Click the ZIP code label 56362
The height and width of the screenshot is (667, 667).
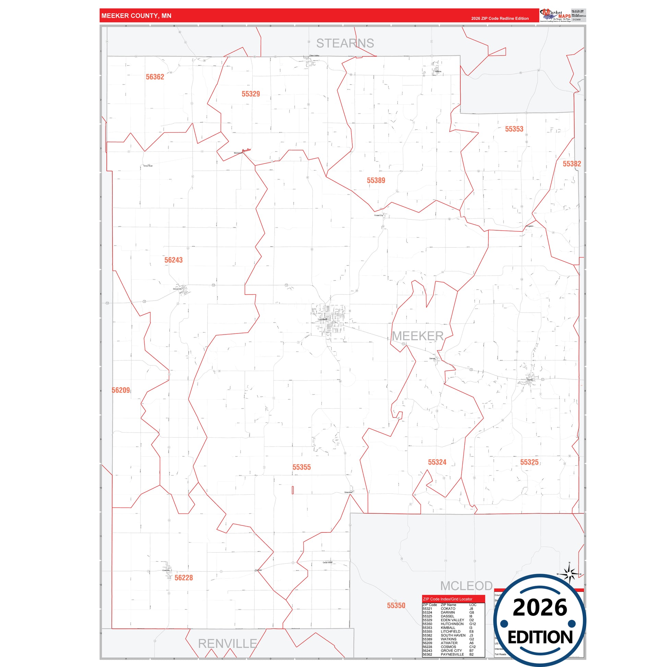pyautogui.click(x=155, y=77)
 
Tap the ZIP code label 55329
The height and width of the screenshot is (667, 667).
pyautogui.click(x=251, y=94)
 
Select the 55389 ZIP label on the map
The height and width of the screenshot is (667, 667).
pyautogui.click(x=376, y=181)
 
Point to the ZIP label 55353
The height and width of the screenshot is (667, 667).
pyautogui.click(x=514, y=129)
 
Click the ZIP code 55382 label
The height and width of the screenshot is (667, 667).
pyautogui.click(x=572, y=164)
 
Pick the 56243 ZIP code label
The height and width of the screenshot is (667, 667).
pyautogui.click(x=173, y=260)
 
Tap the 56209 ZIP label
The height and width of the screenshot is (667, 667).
pyautogui.click(x=121, y=390)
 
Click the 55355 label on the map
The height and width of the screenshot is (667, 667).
pyautogui.click(x=301, y=468)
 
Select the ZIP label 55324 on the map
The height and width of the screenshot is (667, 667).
pyautogui.click(x=437, y=462)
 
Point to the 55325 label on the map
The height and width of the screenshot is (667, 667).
pyautogui.click(x=529, y=462)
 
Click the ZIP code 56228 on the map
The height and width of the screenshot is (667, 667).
pyautogui.click(x=184, y=578)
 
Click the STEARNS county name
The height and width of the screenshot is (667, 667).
pyautogui.click(x=345, y=44)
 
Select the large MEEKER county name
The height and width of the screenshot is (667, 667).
pyautogui.click(x=417, y=336)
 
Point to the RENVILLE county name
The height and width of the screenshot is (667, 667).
pyautogui.click(x=227, y=644)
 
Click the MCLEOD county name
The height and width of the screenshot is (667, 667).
pyautogui.click(x=466, y=586)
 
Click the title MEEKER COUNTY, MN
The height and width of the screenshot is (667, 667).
pyautogui.click(x=136, y=16)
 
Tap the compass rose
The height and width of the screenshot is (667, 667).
pyautogui.click(x=569, y=575)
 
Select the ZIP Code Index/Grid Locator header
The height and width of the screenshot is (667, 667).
pyautogui.click(x=447, y=599)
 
